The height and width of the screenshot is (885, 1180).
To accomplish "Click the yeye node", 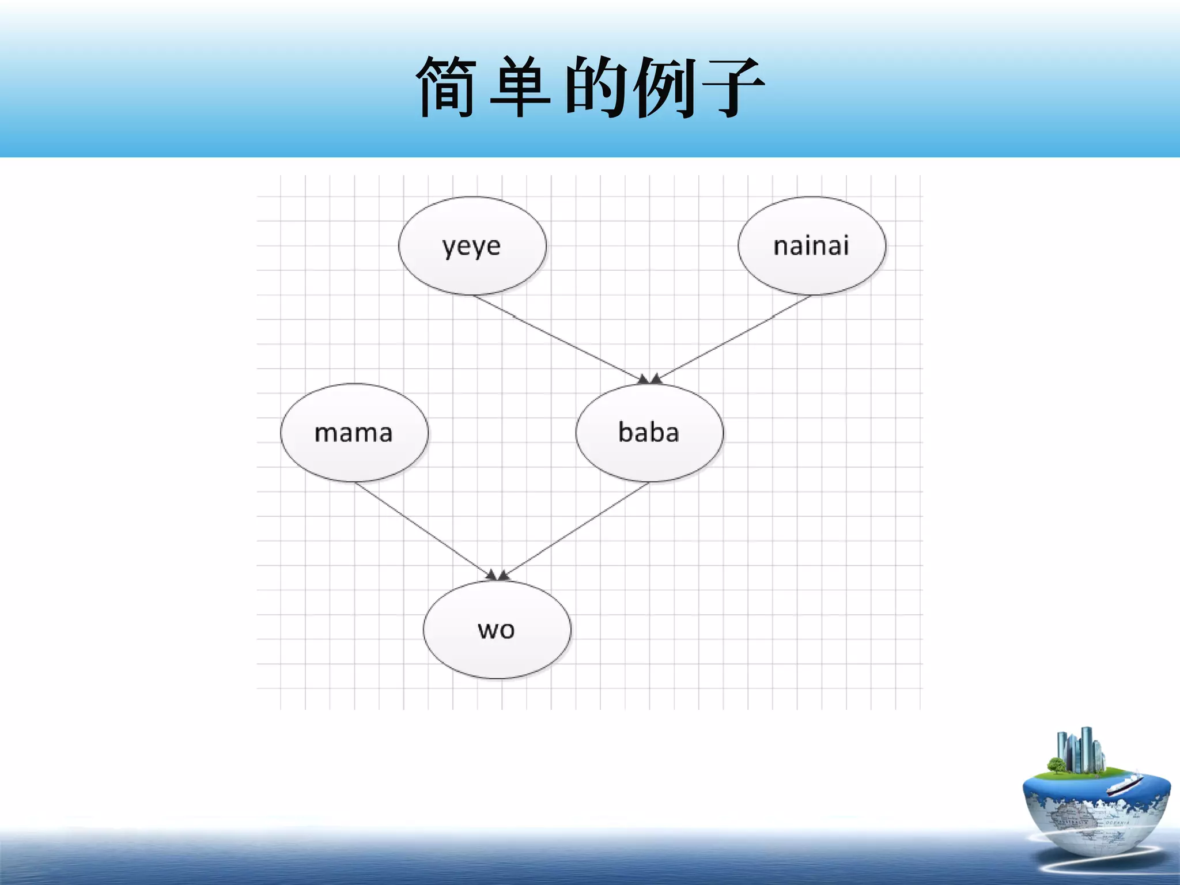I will click(x=472, y=246).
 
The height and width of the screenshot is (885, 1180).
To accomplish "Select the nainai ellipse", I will click(x=811, y=246).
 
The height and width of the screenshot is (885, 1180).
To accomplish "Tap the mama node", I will click(x=354, y=433).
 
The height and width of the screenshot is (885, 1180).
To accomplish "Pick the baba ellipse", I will click(x=649, y=433).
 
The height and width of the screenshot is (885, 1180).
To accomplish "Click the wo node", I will click(x=497, y=630).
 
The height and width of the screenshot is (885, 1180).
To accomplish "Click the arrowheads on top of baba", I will click(x=649, y=379).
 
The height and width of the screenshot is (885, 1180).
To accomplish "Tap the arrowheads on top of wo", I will click(x=497, y=575).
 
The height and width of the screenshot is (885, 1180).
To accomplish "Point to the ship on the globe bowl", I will click(x=1124, y=784).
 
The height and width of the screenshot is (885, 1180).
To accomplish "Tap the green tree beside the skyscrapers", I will click(x=1056, y=765).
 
